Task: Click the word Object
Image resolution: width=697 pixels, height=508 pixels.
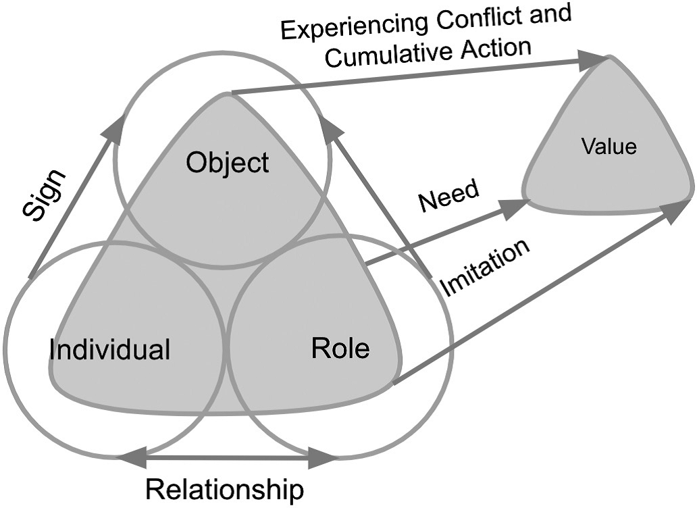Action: (228, 163)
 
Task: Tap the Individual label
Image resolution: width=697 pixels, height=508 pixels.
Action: (109, 350)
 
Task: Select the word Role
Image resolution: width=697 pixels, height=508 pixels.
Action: (340, 349)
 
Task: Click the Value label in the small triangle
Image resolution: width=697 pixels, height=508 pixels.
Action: (609, 147)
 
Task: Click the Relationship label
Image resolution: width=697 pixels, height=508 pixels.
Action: (225, 489)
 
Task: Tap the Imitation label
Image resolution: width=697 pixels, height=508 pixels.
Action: (484, 268)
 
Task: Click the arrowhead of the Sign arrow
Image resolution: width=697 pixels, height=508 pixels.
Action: (116, 126)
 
